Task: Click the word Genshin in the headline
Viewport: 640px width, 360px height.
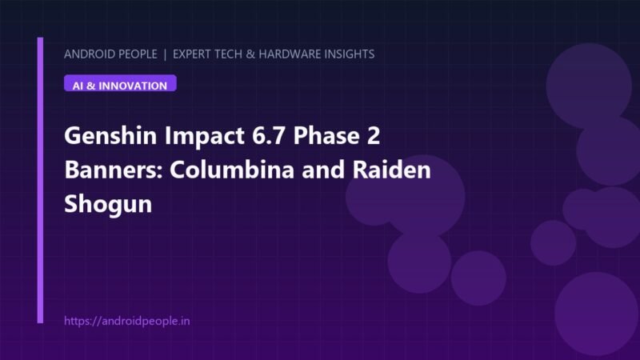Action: [x=110, y=136]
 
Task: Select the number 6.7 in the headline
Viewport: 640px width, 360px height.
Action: [x=268, y=135]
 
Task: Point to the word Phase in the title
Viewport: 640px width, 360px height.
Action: [x=326, y=135]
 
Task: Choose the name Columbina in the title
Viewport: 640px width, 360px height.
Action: [x=232, y=170]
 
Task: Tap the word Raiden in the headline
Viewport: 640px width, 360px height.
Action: [x=391, y=170]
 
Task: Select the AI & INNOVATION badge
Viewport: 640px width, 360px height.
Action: [x=120, y=83]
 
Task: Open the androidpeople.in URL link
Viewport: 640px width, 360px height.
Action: [x=127, y=321]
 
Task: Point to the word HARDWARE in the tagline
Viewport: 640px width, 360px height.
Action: [x=290, y=54]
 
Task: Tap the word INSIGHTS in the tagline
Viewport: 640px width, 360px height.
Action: [x=350, y=54]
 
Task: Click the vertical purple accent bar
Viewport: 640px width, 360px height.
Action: [x=40, y=180]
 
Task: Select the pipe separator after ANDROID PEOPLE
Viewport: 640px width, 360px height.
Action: [x=165, y=54]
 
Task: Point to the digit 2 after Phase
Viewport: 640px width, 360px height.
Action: [x=374, y=135]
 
